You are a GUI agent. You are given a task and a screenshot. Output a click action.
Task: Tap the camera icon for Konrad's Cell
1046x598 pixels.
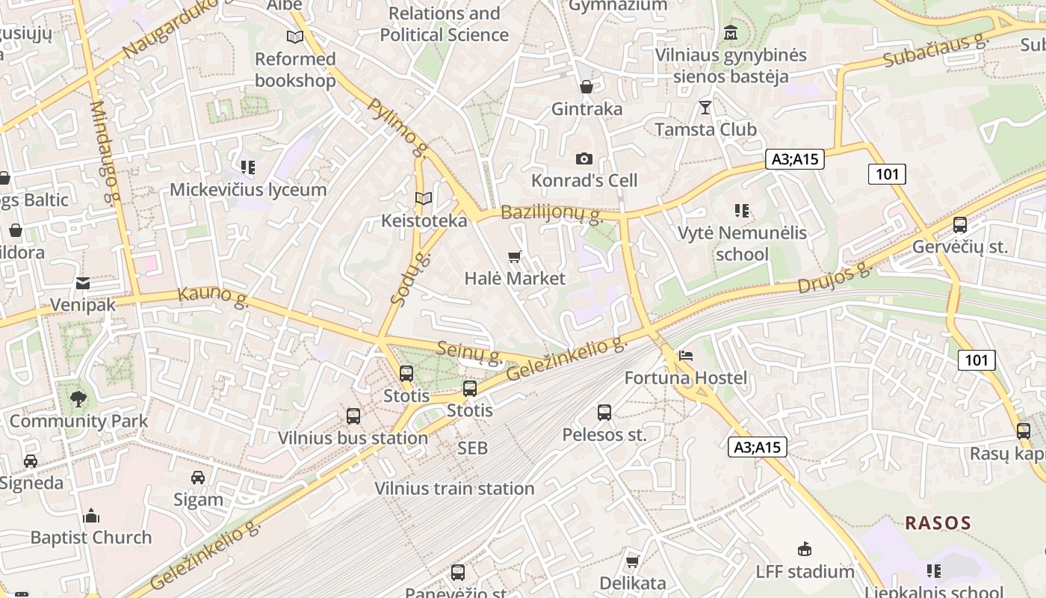pos(584,158)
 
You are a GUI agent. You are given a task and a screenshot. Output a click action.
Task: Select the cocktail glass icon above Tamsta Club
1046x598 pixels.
pos(705,108)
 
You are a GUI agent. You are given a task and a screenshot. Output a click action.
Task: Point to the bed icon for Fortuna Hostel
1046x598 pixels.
pos(685,356)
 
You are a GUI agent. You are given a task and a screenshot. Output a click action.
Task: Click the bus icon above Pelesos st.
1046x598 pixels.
pos(604,413)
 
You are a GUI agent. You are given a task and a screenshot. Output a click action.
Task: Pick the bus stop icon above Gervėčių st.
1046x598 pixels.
pos(960,225)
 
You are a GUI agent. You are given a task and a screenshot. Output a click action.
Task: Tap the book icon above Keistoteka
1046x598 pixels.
pos(424,199)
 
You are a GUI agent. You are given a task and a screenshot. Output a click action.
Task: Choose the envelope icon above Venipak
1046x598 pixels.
pos(83,283)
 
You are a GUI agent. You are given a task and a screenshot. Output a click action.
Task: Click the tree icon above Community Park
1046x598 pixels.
pos(78,399)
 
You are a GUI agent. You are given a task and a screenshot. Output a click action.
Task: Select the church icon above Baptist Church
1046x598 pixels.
pos(91,516)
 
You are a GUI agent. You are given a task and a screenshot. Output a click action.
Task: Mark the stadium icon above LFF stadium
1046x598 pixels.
pos(805,549)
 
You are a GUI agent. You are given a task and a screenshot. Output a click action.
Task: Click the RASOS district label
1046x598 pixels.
pos(938,523)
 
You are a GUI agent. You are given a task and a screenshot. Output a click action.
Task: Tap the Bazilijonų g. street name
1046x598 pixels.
pos(551,214)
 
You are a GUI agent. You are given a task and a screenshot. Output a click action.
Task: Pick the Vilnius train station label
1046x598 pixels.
pos(454,489)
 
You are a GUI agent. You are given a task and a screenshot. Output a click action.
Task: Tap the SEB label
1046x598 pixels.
pos(472,448)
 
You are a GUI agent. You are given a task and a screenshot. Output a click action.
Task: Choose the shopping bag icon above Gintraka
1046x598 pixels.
pos(587,87)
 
